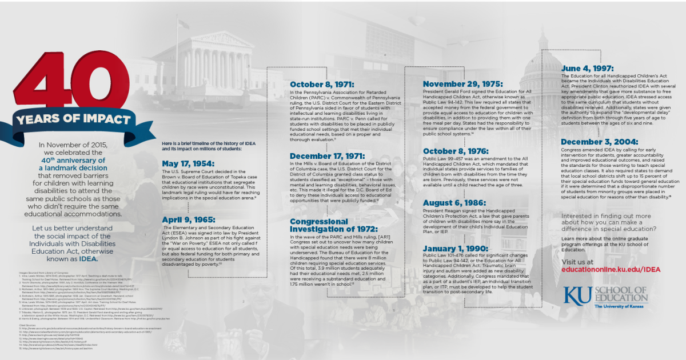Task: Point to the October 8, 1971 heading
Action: point(322,85)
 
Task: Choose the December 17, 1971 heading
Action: point(327,156)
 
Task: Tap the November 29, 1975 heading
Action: point(462,84)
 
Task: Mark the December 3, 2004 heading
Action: point(600,142)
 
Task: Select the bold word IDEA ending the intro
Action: point(89,258)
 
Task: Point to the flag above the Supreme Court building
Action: point(184,23)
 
